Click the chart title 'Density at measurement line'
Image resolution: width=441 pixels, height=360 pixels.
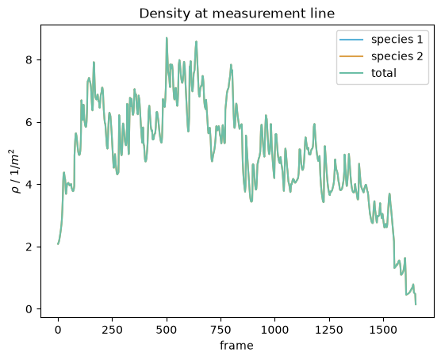pos(237,13)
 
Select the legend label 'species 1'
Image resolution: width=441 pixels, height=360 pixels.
pos(397,40)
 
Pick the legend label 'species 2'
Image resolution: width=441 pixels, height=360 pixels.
pos(397,56)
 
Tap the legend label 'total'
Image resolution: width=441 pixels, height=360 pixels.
pos(384,73)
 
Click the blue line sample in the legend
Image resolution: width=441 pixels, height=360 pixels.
pos(351,40)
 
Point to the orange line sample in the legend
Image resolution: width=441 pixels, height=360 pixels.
pos(351,56)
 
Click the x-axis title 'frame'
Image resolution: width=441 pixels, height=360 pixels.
pos(236,345)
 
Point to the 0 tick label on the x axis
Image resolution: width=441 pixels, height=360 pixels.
pos(58,330)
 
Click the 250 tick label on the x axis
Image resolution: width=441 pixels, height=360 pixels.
pos(112,330)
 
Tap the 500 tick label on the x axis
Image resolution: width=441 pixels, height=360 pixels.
pos(167,330)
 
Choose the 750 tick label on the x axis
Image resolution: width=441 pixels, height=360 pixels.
pos(220,330)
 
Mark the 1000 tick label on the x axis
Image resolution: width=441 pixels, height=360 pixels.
pos(274,330)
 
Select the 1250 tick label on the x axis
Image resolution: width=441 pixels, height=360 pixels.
pos(329,330)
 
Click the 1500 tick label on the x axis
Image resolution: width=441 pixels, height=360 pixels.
pos(383,330)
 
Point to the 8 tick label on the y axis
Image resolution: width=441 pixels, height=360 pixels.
pos(29,60)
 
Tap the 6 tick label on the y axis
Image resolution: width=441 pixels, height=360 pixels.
pos(29,123)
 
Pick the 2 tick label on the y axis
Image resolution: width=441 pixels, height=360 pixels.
pos(29,247)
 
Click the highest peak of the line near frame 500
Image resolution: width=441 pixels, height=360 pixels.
pos(167,38)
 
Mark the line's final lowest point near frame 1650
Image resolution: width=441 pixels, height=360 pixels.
pos(416,304)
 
